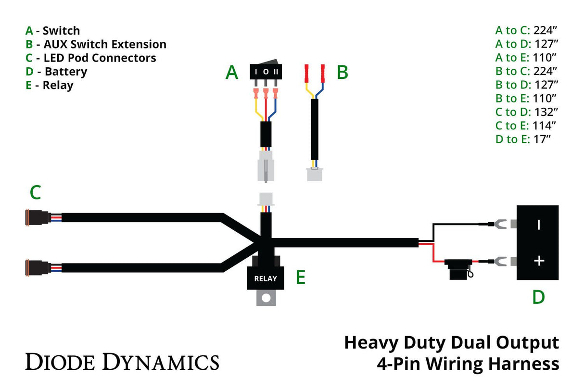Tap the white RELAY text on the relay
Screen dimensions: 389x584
(x=266, y=278)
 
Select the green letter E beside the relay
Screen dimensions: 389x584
(x=301, y=277)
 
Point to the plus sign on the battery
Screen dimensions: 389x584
(x=539, y=261)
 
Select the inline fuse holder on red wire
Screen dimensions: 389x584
(x=457, y=268)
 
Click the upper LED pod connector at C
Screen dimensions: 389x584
(x=37, y=217)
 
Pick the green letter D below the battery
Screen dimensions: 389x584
(x=538, y=297)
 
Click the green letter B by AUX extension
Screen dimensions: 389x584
(x=342, y=72)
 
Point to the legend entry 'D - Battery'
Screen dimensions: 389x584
(x=56, y=72)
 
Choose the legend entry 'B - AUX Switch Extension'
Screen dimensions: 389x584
(x=96, y=44)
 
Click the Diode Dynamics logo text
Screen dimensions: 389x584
(x=122, y=361)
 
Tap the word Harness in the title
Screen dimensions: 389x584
(x=528, y=364)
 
